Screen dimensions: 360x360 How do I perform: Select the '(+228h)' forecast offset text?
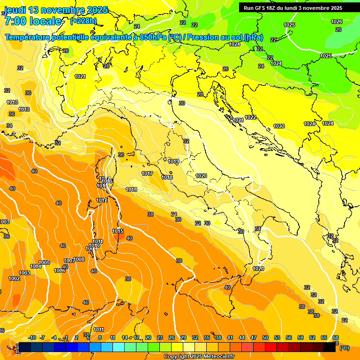coord(83,21)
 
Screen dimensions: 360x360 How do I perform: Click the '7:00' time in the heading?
coord(14,21)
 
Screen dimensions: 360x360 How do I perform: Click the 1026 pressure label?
coord(337,22)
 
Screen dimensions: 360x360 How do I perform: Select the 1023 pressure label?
coord(279,126)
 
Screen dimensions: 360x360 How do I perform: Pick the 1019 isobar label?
coord(173,161)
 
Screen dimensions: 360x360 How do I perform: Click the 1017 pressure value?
coord(147,173)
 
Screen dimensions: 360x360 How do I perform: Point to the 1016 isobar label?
coord(131,189)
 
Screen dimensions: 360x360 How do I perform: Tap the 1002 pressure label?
coord(14,278)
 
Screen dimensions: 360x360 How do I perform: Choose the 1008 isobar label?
coord(79,259)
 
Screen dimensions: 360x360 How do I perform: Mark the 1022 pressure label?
coord(250,117)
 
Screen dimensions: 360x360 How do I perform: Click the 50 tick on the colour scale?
coord(265,337)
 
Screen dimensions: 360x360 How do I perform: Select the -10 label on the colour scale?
coord(32,337)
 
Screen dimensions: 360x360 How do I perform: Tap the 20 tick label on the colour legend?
coord(148,337)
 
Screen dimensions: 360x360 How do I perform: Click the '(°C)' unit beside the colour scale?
coord(344,348)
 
